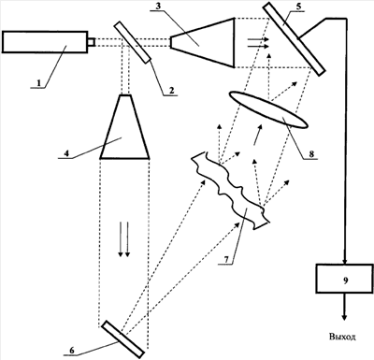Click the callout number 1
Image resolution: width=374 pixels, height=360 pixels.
tap(38, 83)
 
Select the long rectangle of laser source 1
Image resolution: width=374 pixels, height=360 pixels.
tap(45, 42)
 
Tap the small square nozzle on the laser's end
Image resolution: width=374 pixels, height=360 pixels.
tap(91, 42)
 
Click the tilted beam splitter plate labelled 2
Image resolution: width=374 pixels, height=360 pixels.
tap(132, 42)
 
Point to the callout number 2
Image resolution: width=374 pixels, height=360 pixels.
tap(171, 91)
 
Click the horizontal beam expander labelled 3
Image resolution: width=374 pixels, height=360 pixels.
tap(202, 42)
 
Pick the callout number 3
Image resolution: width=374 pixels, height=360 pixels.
tap(158, 7)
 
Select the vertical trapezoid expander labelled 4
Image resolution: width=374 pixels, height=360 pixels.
tap(124, 127)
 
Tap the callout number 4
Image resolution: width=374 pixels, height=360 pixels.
tap(65, 153)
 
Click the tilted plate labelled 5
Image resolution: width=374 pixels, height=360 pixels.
tap(294, 38)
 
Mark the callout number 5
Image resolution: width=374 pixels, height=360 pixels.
tap(299, 7)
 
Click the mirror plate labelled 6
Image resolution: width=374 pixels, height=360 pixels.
tap(123, 338)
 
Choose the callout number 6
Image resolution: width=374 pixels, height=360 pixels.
tap(72, 350)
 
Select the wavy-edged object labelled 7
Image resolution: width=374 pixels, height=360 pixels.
tap(230, 191)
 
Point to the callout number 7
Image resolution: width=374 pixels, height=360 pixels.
tap(227, 259)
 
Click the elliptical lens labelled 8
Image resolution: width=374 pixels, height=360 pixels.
tap(268, 109)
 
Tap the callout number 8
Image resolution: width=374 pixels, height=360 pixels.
tap(311, 153)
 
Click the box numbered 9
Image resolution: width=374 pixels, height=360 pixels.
tap(344, 279)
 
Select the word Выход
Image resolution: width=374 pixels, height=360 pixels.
tap(342, 337)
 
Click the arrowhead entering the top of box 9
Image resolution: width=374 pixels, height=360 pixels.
tap(345, 261)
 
